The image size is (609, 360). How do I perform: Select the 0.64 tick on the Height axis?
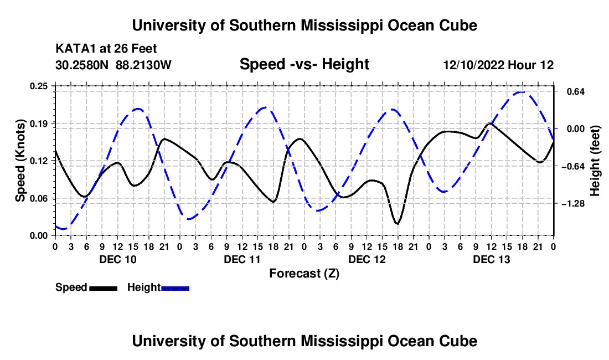coord(576,91)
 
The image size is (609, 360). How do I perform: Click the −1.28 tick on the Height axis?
coord(572,203)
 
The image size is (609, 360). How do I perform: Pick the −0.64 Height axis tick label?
coord(572,166)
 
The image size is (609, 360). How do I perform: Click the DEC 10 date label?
coord(118,259)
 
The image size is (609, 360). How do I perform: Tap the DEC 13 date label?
coord(491,259)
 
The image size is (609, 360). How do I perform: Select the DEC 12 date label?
coord(367,259)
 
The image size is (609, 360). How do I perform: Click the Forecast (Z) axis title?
coord(304,274)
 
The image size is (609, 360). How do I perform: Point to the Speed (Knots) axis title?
coord(20,161)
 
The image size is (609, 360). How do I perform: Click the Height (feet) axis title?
coord(595,161)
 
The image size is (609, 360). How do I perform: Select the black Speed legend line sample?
coord(104,288)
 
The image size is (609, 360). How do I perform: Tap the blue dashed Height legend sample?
coord(175,288)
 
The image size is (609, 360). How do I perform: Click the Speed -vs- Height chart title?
coord(304,64)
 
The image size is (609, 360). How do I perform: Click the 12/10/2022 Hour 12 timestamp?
coord(498,65)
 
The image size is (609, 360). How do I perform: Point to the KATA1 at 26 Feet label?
coord(106,49)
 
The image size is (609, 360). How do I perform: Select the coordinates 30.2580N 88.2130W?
coord(113,65)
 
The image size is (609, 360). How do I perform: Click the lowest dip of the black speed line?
coord(397,223)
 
